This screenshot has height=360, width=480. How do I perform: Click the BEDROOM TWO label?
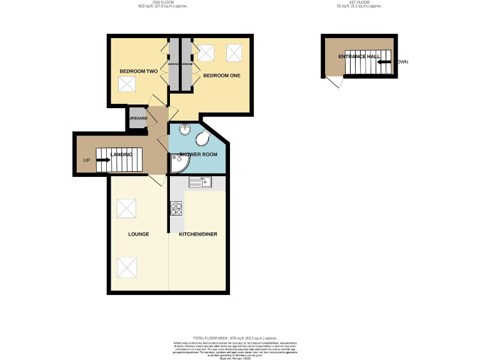click(x=138, y=72)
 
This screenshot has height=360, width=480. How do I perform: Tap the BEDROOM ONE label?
click(x=222, y=76)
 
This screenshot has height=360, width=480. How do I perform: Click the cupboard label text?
click(x=137, y=118)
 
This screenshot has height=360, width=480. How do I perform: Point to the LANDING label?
click(x=121, y=154)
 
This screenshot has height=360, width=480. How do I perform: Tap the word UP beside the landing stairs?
click(x=86, y=161)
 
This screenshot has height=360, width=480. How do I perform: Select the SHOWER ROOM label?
click(x=197, y=154)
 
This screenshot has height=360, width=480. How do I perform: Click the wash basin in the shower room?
click(x=184, y=129)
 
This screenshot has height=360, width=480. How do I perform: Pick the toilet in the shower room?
click(x=204, y=139)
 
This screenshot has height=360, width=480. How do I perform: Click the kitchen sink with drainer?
click(x=201, y=182)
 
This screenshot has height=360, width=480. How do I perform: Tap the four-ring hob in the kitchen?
click(x=176, y=208)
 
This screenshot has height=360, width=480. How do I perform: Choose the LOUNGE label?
click(x=138, y=234)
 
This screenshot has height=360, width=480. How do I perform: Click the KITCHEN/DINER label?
click(x=198, y=234)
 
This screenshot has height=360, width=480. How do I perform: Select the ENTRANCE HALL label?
click(x=359, y=57)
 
